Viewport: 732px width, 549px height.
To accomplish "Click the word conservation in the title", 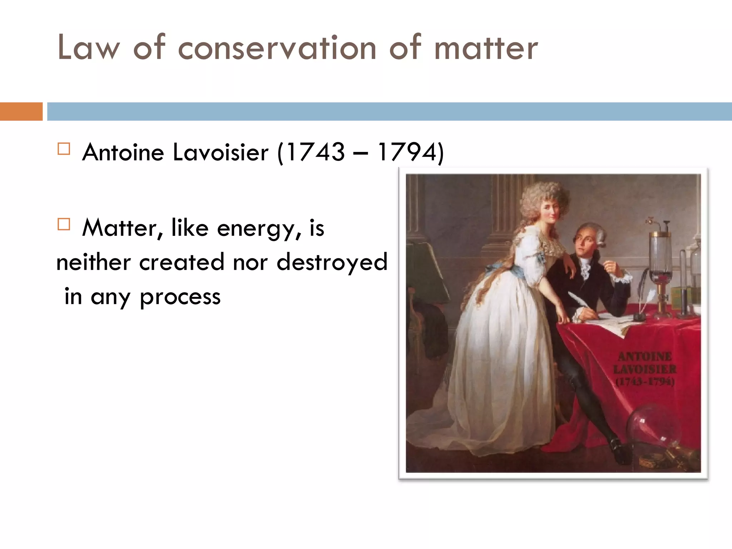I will pos(277,48).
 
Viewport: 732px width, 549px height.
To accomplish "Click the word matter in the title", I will pos(486,48).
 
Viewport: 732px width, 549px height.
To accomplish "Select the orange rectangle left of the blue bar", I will pos(21,112).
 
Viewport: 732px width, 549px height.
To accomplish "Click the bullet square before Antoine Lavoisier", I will pos(64,149).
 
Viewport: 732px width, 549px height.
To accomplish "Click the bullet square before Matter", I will pos(64,224).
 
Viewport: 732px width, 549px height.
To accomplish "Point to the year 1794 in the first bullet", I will pos(407,152).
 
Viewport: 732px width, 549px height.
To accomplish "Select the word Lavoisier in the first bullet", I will pos(220,152).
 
